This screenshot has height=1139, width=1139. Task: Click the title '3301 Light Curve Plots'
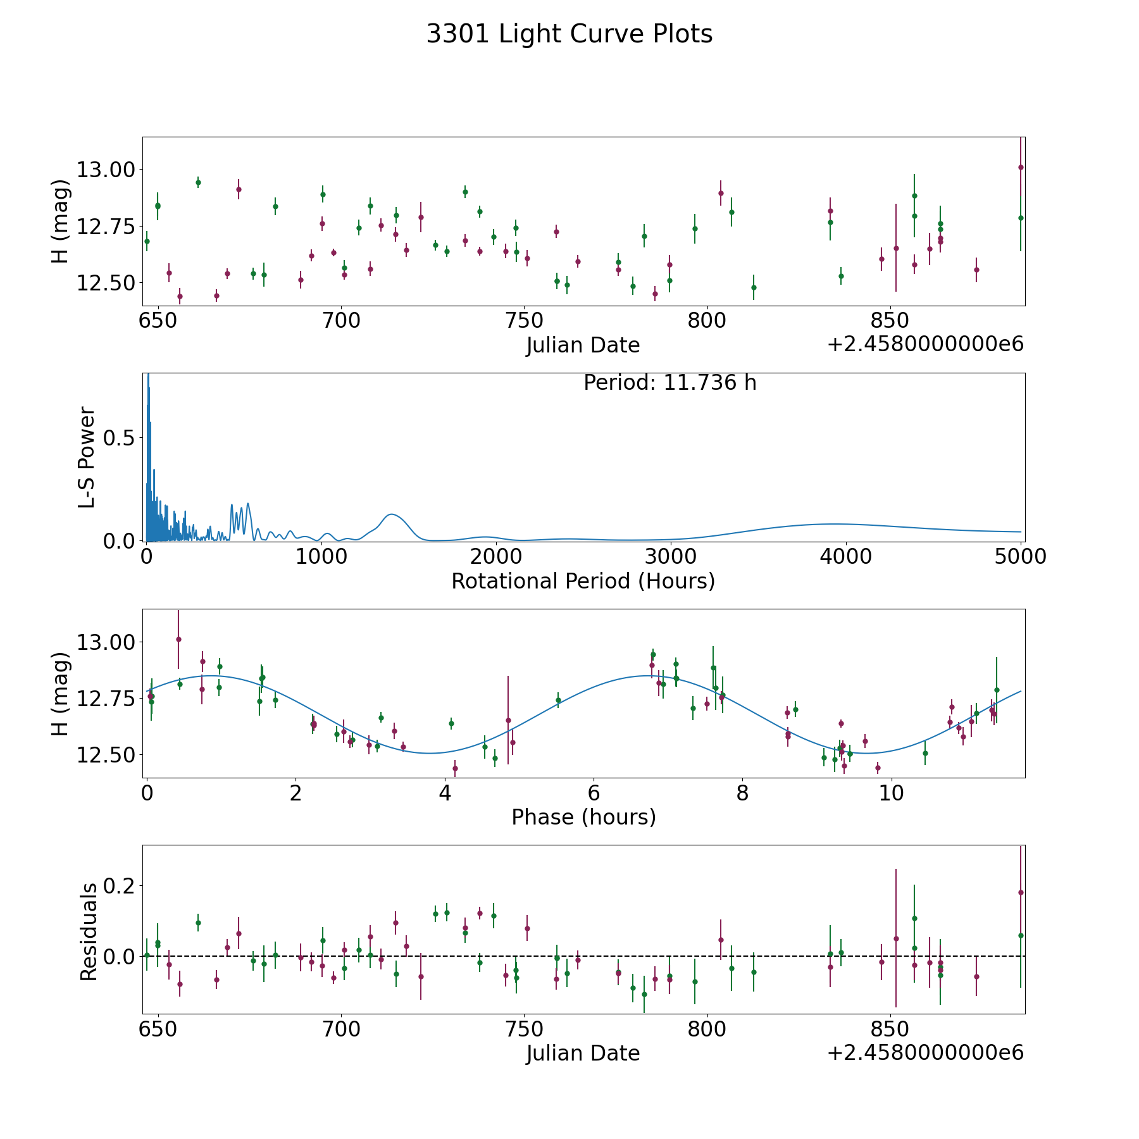click(569, 34)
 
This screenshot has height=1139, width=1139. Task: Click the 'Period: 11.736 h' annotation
click(669, 383)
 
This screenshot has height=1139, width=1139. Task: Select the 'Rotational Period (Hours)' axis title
click(583, 581)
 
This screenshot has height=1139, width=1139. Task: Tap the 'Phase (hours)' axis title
click(583, 817)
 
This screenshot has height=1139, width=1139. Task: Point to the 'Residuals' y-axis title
click(89, 931)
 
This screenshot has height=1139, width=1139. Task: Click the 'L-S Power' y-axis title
click(87, 457)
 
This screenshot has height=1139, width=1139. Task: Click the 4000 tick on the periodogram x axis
click(845, 556)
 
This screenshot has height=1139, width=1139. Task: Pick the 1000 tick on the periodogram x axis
click(321, 556)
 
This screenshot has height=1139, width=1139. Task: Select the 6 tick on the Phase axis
click(594, 793)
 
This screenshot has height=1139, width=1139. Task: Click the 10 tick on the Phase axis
click(891, 793)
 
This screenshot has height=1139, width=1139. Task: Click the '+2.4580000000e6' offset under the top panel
click(925, 345)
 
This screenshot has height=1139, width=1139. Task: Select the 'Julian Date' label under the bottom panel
click(583, 1053)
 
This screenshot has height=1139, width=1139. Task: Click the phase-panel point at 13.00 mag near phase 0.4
click(178, 639)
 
